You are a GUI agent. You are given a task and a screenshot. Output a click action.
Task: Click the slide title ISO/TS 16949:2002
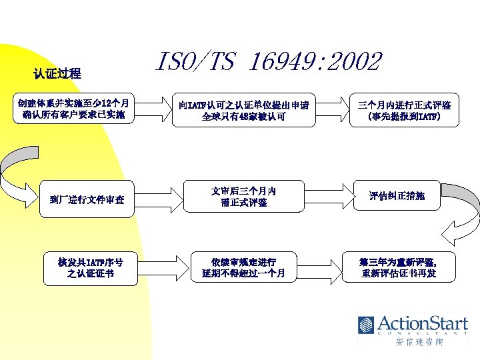268,62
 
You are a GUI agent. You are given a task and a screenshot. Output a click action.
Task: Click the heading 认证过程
57,73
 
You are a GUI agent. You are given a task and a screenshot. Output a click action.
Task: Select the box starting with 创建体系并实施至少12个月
74,109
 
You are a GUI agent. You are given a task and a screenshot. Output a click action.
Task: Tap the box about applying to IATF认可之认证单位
243,110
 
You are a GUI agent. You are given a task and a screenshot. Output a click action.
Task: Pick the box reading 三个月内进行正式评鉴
404,110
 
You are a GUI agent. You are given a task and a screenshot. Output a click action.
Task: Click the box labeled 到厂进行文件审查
91,199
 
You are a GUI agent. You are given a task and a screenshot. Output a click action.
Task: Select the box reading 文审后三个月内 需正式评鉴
243,197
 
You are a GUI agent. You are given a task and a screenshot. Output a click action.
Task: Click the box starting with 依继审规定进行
243,267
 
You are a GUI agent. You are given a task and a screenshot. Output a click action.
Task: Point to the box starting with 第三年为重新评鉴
399,267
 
